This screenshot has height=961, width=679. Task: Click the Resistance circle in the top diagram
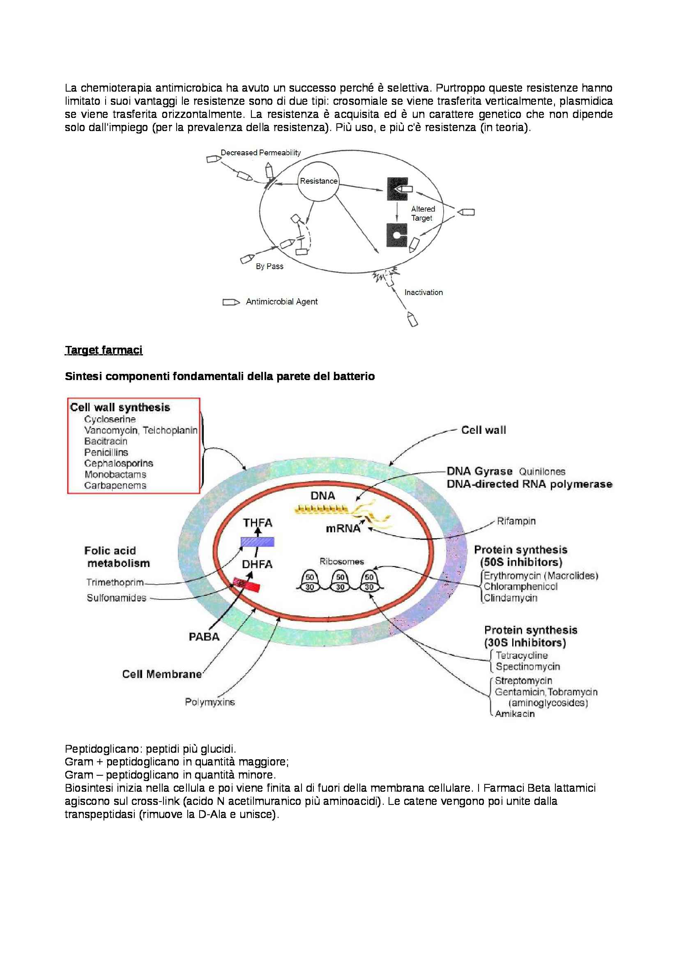tap(318, 181)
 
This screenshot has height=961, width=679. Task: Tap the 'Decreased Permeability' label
tap(261, 153)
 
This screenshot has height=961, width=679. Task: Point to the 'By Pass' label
tap(269, 266)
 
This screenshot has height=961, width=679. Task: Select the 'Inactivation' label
tap(424, 292)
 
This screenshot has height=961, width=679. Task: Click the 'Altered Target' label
tap(423, 214)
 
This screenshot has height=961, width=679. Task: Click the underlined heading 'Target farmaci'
tap(104, 350)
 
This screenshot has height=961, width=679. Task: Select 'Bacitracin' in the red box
tap(106, 441)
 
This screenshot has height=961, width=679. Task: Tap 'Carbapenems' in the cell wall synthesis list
tap(115, 485)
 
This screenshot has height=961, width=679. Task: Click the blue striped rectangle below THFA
tap(257, 542)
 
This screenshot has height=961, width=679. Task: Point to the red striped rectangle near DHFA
tap(246, 584)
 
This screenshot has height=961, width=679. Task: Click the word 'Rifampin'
tap(516, 521)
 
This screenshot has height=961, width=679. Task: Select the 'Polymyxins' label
tap(210, 702)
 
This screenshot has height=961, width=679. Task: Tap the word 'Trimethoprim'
tap(115, 582)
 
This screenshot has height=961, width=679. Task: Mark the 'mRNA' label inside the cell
tap(343, 529)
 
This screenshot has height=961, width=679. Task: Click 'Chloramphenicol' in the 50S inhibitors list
tap(520, 587)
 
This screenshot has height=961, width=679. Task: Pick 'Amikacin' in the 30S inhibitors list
tap(515, 714)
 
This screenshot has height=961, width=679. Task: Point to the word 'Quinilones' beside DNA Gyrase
tap(542, 472)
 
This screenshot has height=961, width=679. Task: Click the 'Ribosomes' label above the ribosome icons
tap(341, 562)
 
